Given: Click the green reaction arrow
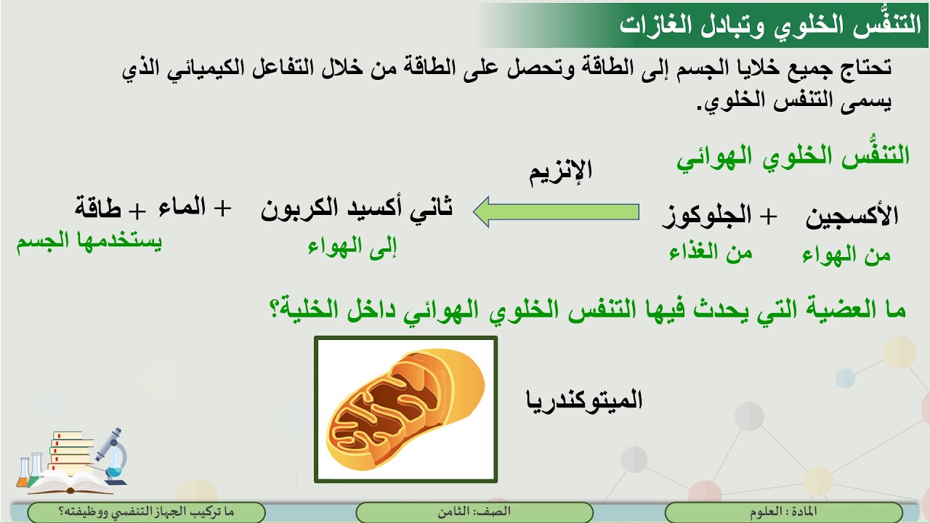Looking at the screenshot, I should [x=556, y=212].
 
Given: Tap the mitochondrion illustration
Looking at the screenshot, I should [x=405, y=409].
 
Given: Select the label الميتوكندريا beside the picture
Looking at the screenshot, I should [x=584, y=400].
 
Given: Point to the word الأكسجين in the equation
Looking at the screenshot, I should [x=852, y=216].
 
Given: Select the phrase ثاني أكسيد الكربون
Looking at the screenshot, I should [x=357, y=210].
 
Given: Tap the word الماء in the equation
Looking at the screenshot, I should [x=180, y=208].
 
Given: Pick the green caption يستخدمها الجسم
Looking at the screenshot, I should [x=89, y=242].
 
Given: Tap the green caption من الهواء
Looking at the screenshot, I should [x=846, y=254].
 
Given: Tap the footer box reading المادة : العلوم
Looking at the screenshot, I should [x=783, y=512].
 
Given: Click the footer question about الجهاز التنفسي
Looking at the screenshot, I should [x=145, y=512].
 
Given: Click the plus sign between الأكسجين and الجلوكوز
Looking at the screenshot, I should [x=769, y=216].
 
